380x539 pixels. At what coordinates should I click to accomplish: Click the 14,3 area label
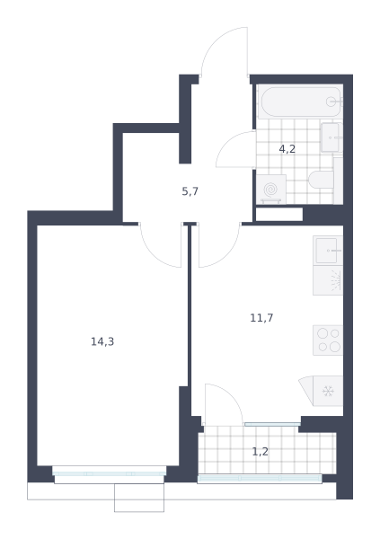102,341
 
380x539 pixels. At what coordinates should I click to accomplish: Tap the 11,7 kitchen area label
261,318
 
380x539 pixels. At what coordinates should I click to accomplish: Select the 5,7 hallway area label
190,191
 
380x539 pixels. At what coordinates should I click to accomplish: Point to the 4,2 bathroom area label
287,149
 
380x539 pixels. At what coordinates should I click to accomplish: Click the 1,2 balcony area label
261,451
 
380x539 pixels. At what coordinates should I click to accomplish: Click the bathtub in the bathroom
301,102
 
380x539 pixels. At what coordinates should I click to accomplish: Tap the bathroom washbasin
331,137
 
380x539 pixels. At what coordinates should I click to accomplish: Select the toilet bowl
322,180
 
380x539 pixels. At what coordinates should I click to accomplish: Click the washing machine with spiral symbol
271,190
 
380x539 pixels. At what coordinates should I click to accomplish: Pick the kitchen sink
328,251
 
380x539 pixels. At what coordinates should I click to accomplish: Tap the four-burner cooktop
328,340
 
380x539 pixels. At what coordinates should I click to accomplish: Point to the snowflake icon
328,391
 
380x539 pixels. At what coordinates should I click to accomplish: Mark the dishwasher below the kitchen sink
328,280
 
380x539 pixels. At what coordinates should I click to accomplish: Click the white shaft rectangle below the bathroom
279,214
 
